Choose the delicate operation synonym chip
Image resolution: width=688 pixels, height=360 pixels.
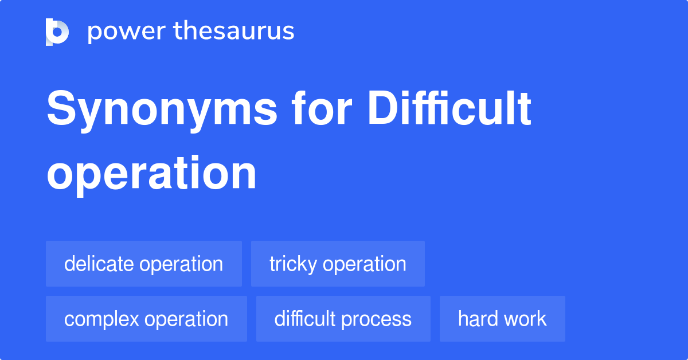coord(144,264)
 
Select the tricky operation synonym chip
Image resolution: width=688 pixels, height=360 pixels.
coord(338,264)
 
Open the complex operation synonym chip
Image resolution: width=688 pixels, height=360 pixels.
coord(146,319)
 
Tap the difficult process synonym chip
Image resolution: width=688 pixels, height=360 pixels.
coord(343,319)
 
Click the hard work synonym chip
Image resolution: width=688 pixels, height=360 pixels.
coord(502,319)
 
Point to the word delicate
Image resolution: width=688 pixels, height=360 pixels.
coord(99,264)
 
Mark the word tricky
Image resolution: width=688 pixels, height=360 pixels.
coord(293,264)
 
